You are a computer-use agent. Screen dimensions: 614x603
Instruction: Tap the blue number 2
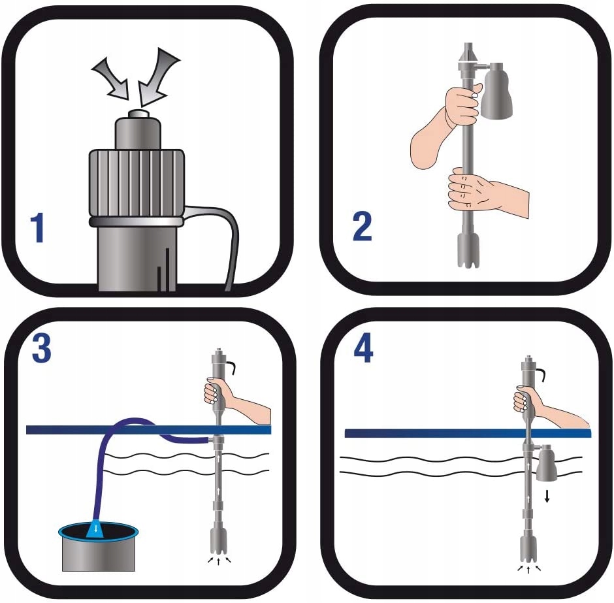[362, 226]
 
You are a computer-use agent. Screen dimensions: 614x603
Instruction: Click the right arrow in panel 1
[157, 76]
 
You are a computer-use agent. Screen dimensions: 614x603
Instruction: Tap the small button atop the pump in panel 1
[138, 114]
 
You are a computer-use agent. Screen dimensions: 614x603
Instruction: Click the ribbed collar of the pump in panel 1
[137, 182]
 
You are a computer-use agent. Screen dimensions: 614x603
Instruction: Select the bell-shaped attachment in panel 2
[496, 90]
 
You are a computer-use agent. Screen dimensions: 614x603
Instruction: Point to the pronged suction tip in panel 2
[468, 251]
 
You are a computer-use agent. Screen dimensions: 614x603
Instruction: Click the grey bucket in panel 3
[98, 548]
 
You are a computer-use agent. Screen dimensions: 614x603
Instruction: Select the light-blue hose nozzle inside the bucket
[95, 529]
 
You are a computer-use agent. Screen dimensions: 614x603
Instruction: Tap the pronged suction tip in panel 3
[219, 539]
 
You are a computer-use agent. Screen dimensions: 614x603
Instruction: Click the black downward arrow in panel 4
[547, 497]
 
